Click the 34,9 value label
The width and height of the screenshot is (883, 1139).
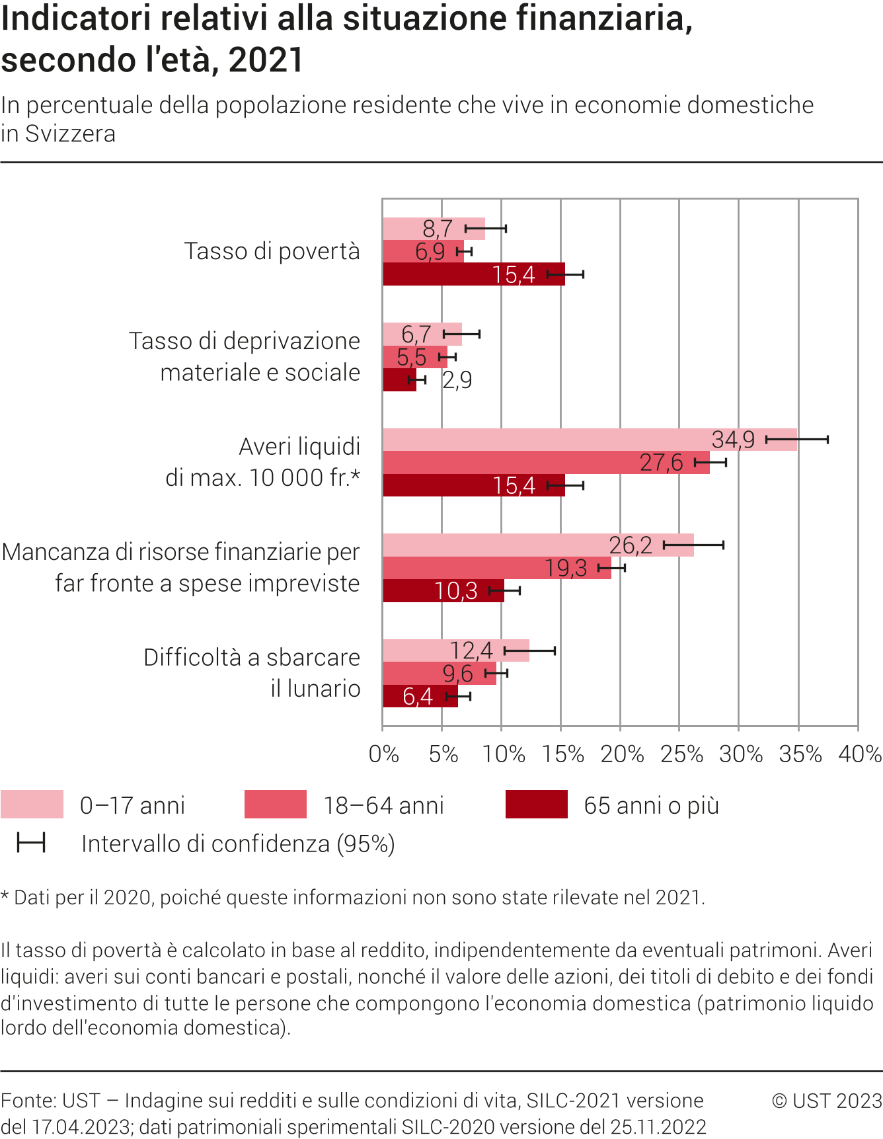click(x=733, y=440)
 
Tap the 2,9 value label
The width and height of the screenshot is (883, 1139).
click(x=457, y=380)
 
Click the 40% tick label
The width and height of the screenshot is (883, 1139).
click(x=859, y=754)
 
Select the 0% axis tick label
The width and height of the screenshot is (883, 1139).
click(x=384, y=754)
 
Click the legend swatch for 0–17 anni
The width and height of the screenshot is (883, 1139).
click(x=32, y=805)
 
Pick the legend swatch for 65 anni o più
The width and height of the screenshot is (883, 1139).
click(x=536, y=805)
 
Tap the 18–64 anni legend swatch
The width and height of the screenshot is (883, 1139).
click(x=275, y=805)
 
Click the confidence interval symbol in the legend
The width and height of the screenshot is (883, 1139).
click(x=31, y=843)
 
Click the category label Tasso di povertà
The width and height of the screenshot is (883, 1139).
click(x=272, y=251)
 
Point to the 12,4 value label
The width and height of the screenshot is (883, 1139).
click(x=471, y=651)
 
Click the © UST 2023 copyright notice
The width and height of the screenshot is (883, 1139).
click(x=827, y=1101)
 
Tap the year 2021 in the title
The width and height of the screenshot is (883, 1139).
click(x=266, y=59)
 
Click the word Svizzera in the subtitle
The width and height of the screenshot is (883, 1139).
click(x=70, y=134)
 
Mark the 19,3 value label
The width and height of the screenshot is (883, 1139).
click(x=566, y=568)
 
